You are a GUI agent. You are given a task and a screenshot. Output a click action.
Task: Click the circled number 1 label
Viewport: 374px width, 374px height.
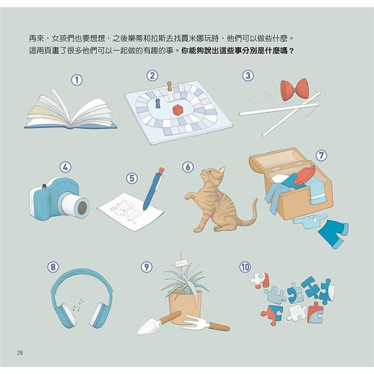coord(77,80)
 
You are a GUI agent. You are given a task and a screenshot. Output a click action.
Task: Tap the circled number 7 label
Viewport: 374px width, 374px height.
coord(321,155)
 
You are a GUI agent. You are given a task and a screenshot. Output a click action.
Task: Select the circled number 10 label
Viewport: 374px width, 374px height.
coord(245,266)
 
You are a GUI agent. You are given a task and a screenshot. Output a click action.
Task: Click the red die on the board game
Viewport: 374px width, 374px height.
coord(178,110)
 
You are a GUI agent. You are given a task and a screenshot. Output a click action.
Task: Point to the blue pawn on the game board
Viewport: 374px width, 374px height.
coord(158,103)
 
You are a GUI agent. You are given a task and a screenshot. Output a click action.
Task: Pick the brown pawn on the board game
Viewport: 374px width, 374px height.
coord(169,86)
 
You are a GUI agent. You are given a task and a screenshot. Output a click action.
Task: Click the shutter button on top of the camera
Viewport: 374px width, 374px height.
coord(44,186)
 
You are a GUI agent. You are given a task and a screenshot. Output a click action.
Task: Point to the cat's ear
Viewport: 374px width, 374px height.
coord(222,170)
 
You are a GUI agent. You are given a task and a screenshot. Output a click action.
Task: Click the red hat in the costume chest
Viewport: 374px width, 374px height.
coord(305,175)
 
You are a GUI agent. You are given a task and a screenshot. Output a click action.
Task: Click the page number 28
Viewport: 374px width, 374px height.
coord(20,352)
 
